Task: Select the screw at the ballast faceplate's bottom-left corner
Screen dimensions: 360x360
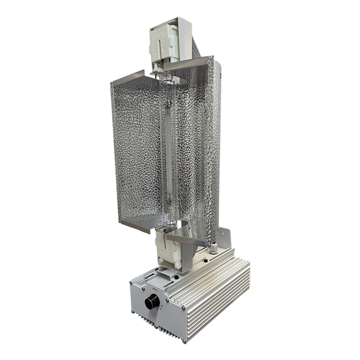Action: [134, 311]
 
